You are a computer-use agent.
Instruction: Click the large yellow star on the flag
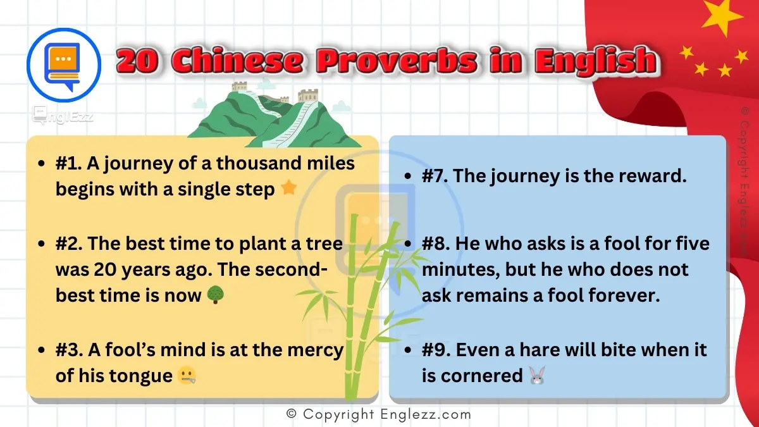pyautogui.click(x=723, y=17)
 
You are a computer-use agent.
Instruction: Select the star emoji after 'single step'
pyautogui.click(x=288, y=189)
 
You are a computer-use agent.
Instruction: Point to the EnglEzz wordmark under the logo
pyautogui.click(x=63, y=115)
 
